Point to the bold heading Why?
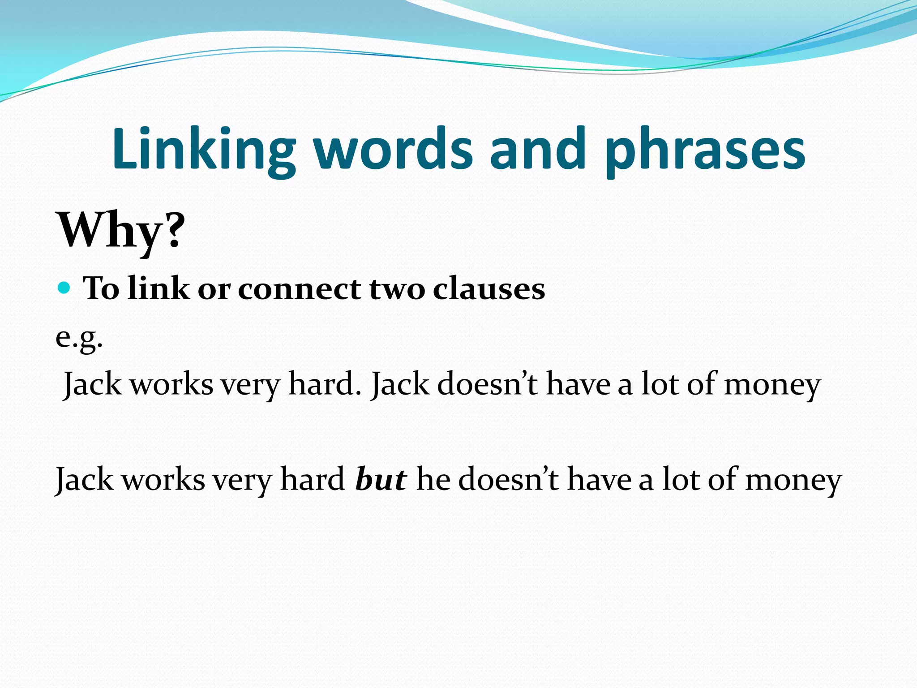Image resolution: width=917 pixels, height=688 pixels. click(121, 231)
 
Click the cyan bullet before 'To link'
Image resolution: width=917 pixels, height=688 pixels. click(64, 288)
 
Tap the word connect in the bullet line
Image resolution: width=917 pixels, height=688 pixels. click(299, 288)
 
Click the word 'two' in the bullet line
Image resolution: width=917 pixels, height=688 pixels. click(397, 288)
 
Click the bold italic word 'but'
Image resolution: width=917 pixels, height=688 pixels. click(381, 479)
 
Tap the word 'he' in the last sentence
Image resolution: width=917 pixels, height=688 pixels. click(433, 479)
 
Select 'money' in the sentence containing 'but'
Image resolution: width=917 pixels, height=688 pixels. click(793, 480)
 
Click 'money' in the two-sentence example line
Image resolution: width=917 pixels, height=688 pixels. click(772, 385)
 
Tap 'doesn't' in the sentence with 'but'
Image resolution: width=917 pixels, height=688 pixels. click(509, 479)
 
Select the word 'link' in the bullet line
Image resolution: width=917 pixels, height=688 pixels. click(159, 288)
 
